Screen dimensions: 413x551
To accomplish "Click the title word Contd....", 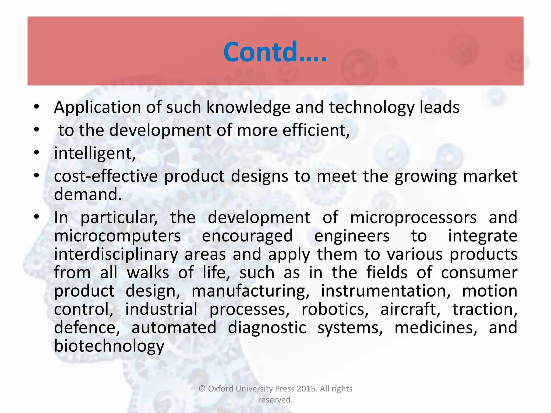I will pyautogui.click(x=274, y=52).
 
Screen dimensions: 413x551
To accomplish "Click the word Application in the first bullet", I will pyautogui.click(x=97, y=108).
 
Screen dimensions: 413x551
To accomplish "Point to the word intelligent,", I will pyautogui.click(x=95, y=153).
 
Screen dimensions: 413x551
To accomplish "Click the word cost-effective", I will pyautogui.click(x=106, y=176).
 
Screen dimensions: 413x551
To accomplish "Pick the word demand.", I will pyautogui.click(x=88, y=194).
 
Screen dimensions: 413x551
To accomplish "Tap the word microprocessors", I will pyautogui.click(x=413, y=217).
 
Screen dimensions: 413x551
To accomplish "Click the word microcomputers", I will pyautogui.click(x=117, y=236).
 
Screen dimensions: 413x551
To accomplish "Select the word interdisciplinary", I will pyautogui.click(x=116, y=254).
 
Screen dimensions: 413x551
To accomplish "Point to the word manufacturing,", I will pyautogui.click(x=250, y=291).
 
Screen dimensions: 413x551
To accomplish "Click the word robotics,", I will pyautogui.click(x=335, y=309).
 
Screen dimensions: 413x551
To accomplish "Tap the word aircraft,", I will pyautogui.click(x=410, y=309).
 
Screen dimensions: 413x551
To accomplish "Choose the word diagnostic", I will pyautogui.click(x=267, y=328).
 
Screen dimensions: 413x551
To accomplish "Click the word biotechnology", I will pyautogui.click(x=109, y=346).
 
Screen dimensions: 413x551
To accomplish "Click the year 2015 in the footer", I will pyautogui.click(x=307, y=389).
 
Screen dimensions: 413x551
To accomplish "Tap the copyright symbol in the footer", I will pyautogui.click(x=202, y=389).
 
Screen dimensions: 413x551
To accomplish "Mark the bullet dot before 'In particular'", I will pyautogui.click(x=37, y=217).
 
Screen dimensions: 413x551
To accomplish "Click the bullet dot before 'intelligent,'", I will pyautogui.click(x=37, y=153).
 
